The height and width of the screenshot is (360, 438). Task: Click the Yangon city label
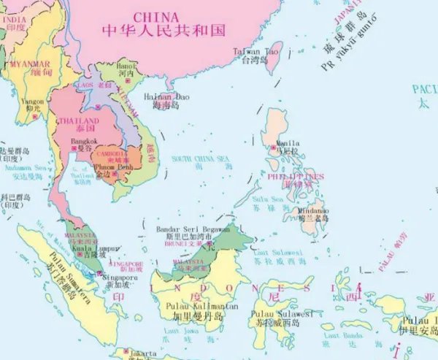point(34,102)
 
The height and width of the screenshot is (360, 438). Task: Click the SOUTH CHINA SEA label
point(200,158)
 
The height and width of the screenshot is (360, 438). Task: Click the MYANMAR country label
point(30,64)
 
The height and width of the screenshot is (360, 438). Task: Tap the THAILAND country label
point(79,121)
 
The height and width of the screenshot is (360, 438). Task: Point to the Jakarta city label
point(142,353)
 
